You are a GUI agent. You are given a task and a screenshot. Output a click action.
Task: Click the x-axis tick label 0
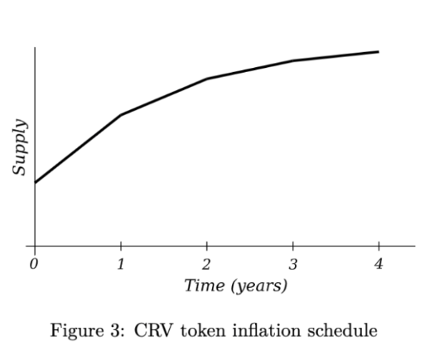pos(34,265)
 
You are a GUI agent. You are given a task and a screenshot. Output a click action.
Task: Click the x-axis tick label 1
pos(121,265)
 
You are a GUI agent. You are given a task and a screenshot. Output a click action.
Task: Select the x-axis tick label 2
pos(206,265)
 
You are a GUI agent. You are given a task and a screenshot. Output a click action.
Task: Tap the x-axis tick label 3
pos(292,265)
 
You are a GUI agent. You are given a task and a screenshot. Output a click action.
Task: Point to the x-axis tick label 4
pos(379,265)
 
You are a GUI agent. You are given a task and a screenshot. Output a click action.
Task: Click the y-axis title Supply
pos(20,146)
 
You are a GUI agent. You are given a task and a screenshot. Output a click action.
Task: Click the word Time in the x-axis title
pos(204,286)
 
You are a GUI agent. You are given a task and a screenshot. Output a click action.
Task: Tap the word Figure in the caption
pos(73,331)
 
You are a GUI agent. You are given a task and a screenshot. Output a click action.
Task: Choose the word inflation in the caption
pos(253,331)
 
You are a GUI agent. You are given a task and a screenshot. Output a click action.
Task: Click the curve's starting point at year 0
pos(35,182)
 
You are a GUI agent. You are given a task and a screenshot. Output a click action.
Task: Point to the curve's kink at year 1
pos(121,115)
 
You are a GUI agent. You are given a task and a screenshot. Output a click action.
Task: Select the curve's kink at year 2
pos(206,79)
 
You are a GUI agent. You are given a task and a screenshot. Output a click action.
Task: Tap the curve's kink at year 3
pos(292,60)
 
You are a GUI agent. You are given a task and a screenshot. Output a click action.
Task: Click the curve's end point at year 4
pos(379,51)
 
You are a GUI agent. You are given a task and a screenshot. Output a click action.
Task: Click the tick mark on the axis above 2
pos(206,249)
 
